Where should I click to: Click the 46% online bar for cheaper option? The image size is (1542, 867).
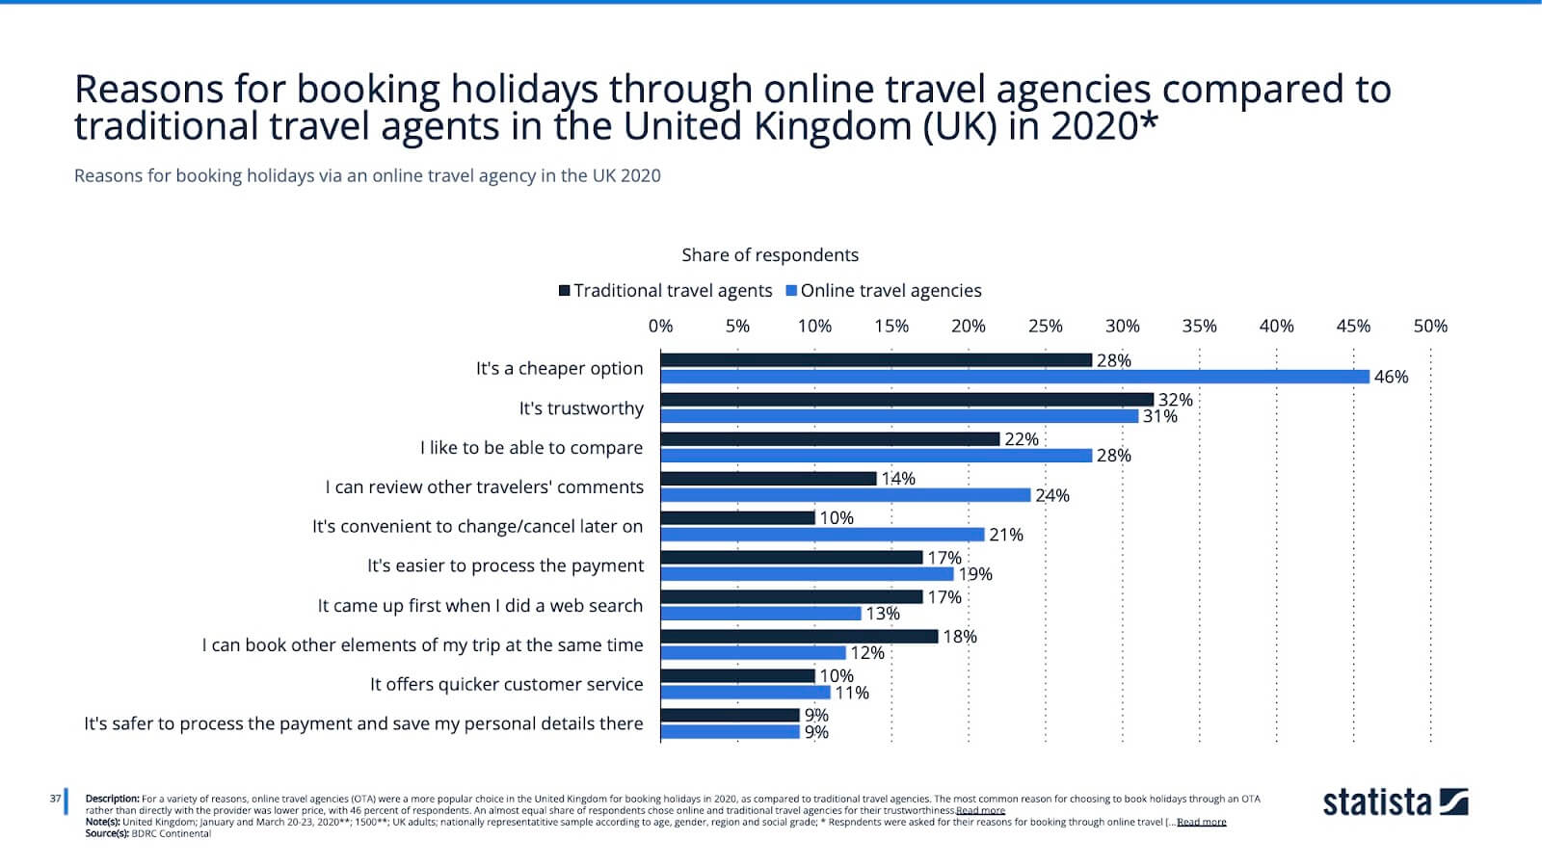click(1014, 377)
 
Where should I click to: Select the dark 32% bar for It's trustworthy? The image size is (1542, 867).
click(906, 399)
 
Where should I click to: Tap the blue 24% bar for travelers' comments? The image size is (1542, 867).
click(845, 495)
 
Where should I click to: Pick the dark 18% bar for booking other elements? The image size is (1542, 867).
click(799, 636)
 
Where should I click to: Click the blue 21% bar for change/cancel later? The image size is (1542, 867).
click(822, 535)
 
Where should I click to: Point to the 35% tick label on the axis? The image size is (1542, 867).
click(1199, 326)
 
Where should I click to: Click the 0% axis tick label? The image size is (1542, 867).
click(660, 326)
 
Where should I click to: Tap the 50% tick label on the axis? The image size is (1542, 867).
click(1430, 326)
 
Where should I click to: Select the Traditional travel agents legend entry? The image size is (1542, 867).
click(666, 291)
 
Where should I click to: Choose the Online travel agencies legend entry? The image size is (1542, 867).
click(884, 291)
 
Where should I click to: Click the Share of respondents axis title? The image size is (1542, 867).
click(769, 255)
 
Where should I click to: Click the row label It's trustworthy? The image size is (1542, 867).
click(581, 408)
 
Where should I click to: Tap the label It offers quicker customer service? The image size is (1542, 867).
click(506, 684)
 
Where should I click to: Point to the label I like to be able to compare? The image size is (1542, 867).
click(531, 448)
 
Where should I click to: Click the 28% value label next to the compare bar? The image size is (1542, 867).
click(1113, 456)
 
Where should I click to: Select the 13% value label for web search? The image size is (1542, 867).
click(882, 614)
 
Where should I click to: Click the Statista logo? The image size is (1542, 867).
click(1395, 801)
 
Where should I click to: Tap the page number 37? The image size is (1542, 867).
click(55, 799)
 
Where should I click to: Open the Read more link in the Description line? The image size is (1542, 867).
click(980, 811)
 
